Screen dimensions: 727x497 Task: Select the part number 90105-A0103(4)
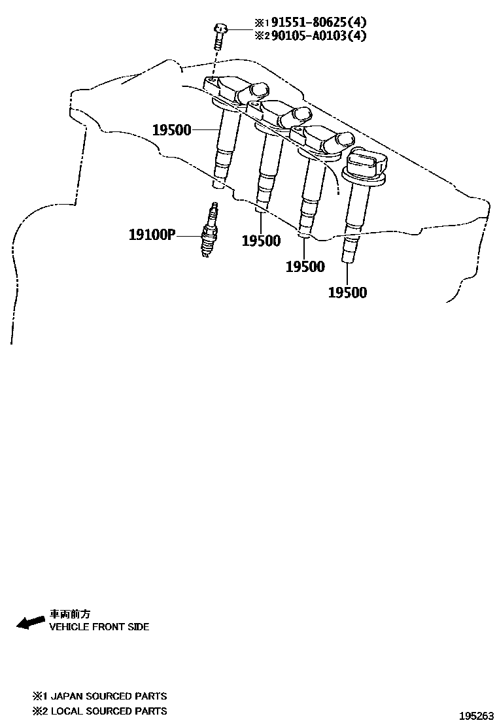[311, 35]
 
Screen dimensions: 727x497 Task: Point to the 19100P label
[152, 233]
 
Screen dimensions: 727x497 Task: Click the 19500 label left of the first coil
[172, 130]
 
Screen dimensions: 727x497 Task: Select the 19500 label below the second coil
[261, 241]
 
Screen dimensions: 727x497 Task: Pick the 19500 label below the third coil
[305, 266]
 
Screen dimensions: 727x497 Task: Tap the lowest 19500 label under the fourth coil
[347, 292]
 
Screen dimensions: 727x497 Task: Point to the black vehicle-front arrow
[30, 622]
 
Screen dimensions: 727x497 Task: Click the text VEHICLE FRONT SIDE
[99, 627]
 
